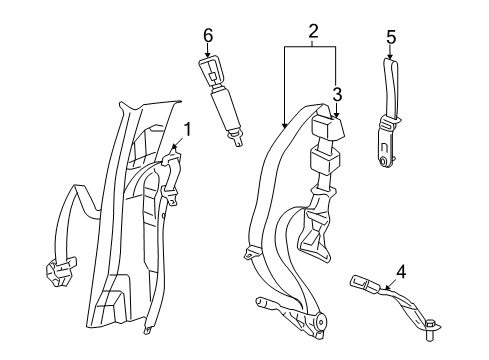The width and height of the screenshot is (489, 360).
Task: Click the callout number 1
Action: [x=187, y=129]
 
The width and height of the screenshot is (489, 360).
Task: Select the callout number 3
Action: [x=337, y=94]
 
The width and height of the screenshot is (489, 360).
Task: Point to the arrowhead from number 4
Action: [x=385, y=286]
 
